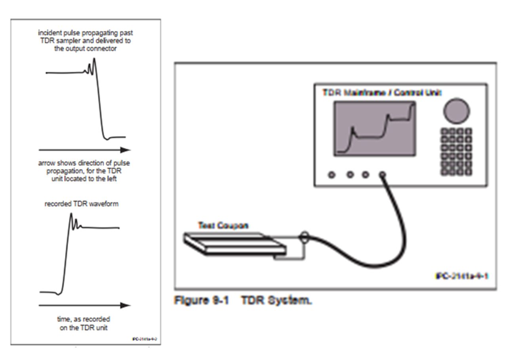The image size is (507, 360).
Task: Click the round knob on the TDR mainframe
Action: [x=456, y=111]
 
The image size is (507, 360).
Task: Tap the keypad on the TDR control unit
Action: [x=457, y=151]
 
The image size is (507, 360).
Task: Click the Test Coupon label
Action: [x=223, y=225]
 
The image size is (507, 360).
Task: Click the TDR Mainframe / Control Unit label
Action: [x=382, y=92]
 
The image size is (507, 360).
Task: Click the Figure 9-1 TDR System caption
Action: [x=243, y=301]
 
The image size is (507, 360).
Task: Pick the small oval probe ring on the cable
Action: [x=304, y=239]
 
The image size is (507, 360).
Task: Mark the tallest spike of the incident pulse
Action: [x=94, y=59]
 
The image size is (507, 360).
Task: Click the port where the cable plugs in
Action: [x=382, y=174]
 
